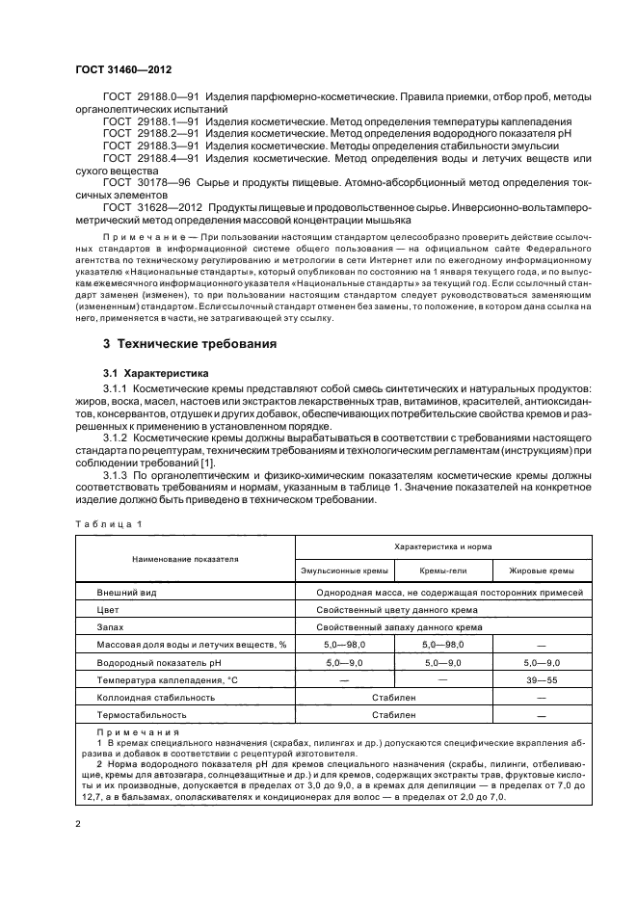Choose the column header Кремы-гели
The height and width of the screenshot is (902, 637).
click(x=442, y=571)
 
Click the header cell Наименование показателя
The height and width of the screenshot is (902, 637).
click(x=180, y=558)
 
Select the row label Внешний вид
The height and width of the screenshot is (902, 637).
click(x=125, y=594)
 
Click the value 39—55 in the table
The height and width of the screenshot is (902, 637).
click(x=540, y=680)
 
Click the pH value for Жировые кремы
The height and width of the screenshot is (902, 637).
click(x=540, y=663)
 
